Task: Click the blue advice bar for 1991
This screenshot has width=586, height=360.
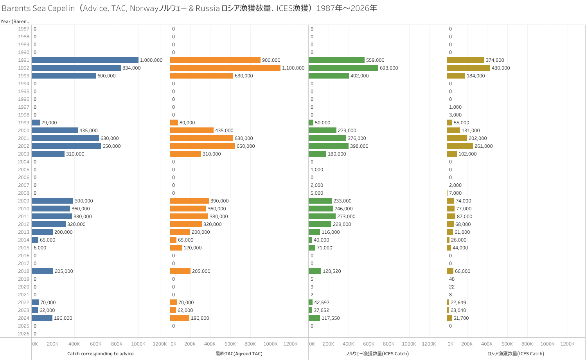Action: click(85, 60)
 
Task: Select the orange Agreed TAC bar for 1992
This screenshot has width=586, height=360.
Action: click(225, 68)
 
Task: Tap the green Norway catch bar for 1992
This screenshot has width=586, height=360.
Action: click(343, 68)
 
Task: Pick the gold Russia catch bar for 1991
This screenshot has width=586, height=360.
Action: click(466, 60)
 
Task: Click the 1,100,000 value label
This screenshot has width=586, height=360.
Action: click(293, 68)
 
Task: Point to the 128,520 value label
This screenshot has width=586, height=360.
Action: click(332, 271)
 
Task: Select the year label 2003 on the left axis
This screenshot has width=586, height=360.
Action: click(23, 154)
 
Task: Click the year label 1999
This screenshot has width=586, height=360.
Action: click(23, 123)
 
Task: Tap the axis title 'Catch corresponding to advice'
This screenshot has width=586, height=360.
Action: click(101, 354)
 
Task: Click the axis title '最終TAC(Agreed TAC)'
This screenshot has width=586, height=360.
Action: click(239, 354)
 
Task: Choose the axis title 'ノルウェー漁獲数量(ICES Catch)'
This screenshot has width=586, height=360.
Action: click(377, 354)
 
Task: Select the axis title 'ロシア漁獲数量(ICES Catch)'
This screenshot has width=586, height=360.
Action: click(516, 354)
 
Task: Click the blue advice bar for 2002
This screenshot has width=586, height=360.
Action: click(66, 146)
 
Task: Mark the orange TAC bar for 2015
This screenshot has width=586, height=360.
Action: click(176, 248)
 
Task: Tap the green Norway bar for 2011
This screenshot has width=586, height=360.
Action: click(322, 217)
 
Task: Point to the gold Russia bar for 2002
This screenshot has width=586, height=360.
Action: click(460, 146)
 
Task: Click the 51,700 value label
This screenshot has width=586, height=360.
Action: click(461, 318)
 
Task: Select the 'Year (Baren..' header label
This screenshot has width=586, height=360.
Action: click(15, 21)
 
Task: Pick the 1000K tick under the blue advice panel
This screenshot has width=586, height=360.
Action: click(138, 344)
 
